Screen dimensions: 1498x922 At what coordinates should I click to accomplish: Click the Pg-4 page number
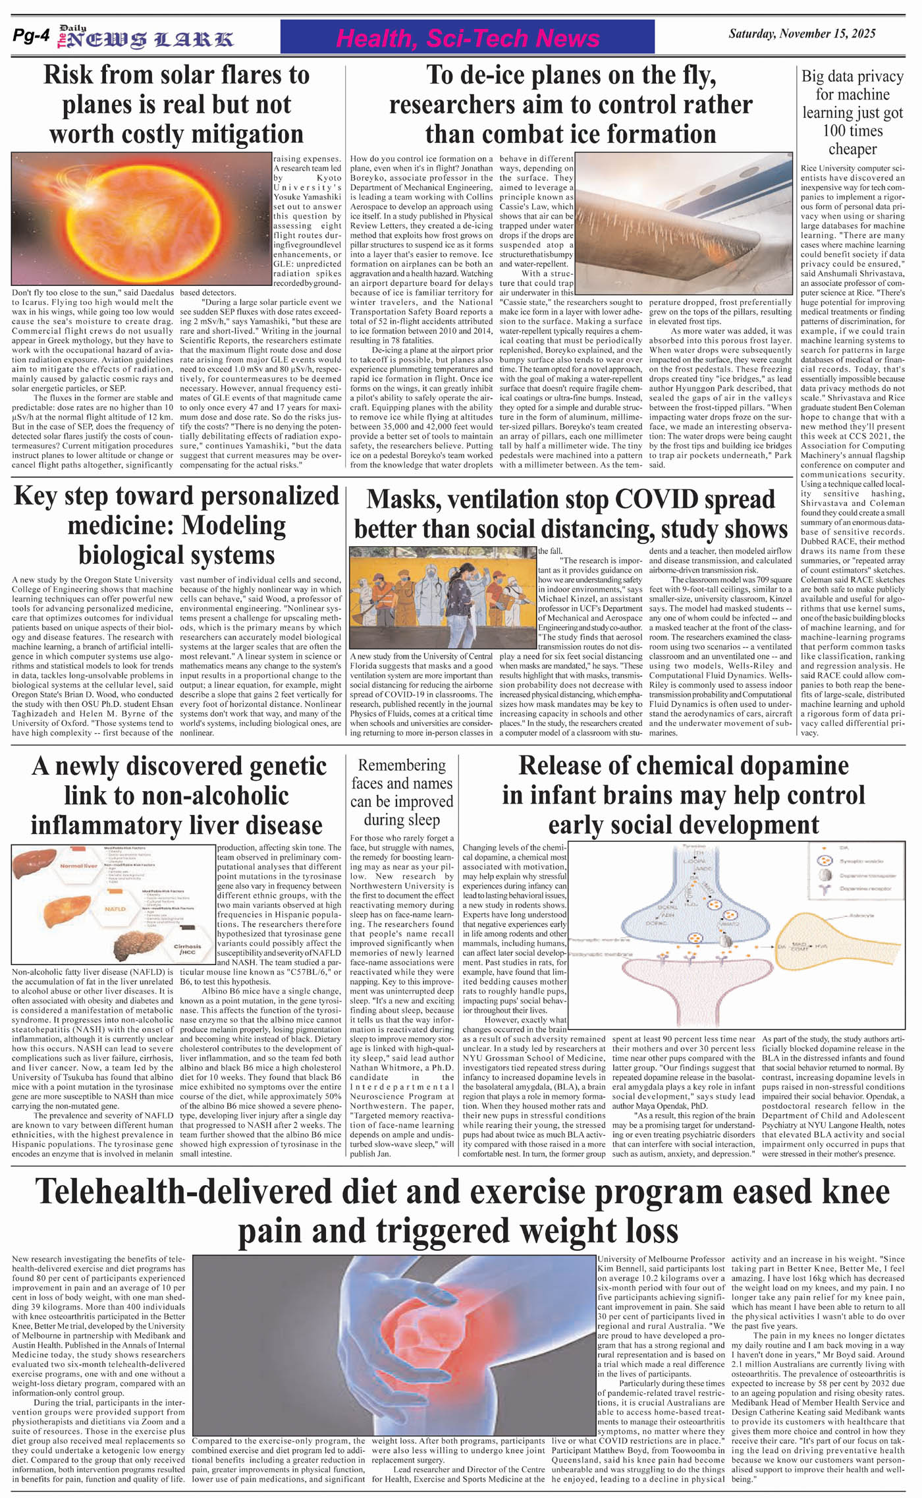31,37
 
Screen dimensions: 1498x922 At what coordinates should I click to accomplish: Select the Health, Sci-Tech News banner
467,38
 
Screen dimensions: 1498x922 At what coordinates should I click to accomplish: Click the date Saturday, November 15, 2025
816,34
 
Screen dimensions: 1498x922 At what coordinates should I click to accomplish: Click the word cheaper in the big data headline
852,149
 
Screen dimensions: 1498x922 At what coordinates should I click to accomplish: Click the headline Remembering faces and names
402,792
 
